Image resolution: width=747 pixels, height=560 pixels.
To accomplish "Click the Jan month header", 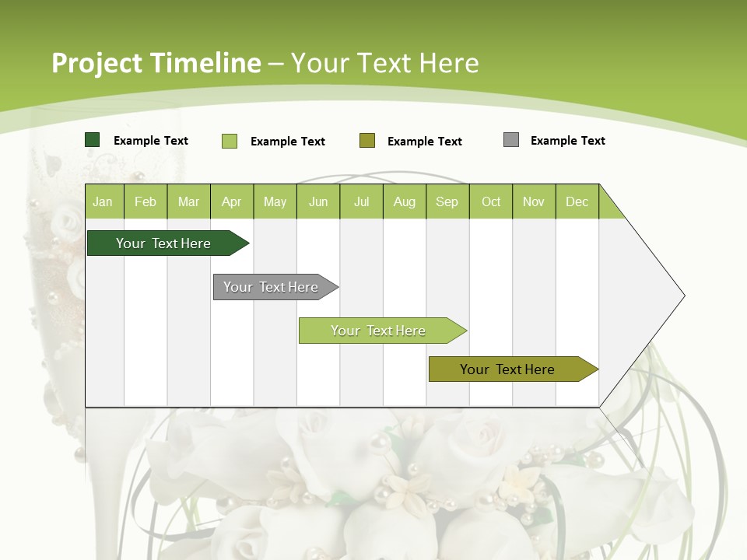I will [103, 201].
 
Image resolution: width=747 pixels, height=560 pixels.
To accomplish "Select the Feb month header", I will [146, 201].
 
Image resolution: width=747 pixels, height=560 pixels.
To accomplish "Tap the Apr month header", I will [232, 201].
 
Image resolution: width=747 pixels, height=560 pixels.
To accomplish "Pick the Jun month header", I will [318, 201].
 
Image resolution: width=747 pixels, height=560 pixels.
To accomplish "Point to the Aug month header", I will [405, 201].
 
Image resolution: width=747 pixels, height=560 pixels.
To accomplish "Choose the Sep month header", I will [447, 201].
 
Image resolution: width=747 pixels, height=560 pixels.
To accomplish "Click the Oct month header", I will [491, 201].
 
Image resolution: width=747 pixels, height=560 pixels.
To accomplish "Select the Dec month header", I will [577, 201].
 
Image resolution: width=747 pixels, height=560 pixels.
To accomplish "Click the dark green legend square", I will [93, 140].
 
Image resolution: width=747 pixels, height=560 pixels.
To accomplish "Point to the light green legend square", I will [230, 141].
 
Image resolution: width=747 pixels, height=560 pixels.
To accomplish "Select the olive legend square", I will [367, 140].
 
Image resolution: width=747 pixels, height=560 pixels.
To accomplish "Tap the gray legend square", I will [511, 140].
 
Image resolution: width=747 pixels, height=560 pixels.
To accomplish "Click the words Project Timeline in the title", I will [156, 63].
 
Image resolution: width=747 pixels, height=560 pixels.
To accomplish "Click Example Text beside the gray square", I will [567, 141].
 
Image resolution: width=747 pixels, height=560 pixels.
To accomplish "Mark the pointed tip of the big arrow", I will [683, 296].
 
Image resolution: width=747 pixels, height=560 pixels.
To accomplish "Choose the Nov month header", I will [534, 201].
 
